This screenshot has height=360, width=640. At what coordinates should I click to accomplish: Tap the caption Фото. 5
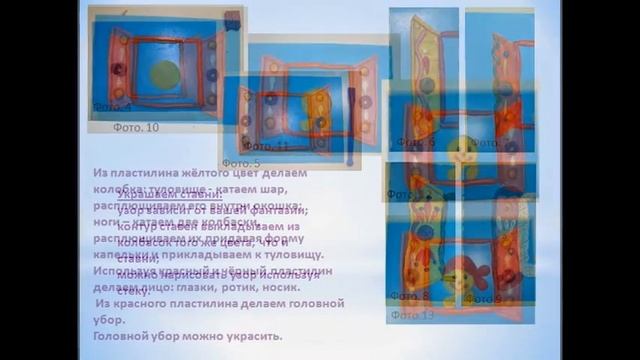tap(241, 163)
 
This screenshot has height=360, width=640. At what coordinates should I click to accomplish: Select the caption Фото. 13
tap(413, 315)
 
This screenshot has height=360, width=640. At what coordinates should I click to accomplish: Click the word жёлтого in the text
tap(193, 173)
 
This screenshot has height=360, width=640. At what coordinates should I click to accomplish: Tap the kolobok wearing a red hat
tap(463, 275)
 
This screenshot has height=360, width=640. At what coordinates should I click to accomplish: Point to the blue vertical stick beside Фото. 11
tap(350, 125)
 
